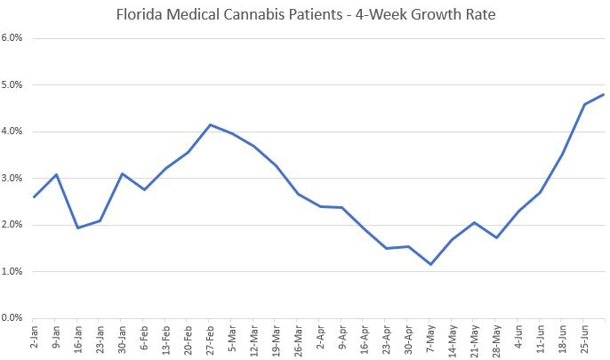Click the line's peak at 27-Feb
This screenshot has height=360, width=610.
point(210,124)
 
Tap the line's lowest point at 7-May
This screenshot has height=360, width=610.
point(430,264)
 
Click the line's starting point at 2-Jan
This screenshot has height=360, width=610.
point(34,196)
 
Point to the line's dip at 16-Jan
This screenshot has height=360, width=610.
point(77,228)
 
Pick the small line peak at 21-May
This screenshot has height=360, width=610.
point(475,222)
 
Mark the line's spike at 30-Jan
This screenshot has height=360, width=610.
point(122,173)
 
